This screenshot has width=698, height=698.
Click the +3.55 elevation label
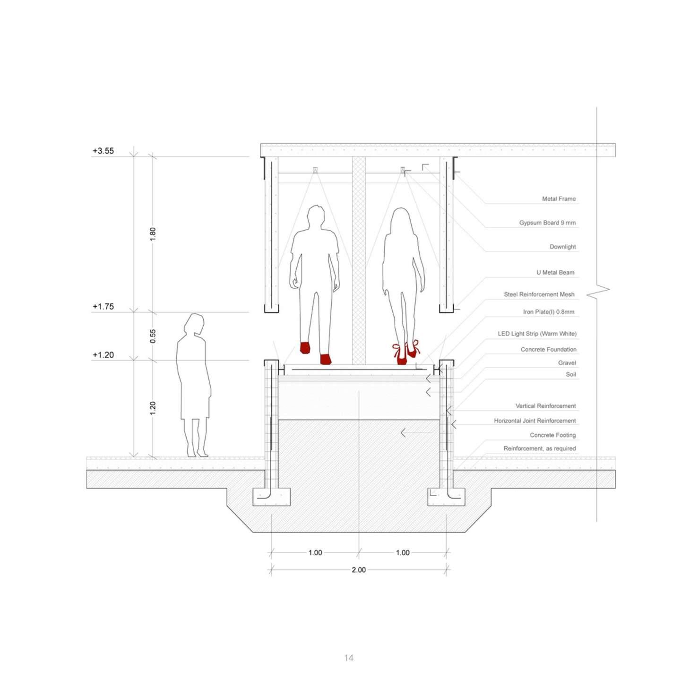pos(103,151)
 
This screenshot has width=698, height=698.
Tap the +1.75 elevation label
pos(103,306)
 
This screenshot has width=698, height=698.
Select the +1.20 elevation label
pos(103,355)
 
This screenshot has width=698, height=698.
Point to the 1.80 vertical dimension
pos(153,234)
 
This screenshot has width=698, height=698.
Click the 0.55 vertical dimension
pos(153,336)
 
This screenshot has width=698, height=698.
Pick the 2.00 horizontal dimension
pos(359,570)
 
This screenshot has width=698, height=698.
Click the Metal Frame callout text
pos(559,199)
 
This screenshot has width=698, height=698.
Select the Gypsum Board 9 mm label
pos(547,223)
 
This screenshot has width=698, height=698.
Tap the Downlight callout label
pos(562,247)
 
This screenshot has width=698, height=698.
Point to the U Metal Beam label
pos(555,273)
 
